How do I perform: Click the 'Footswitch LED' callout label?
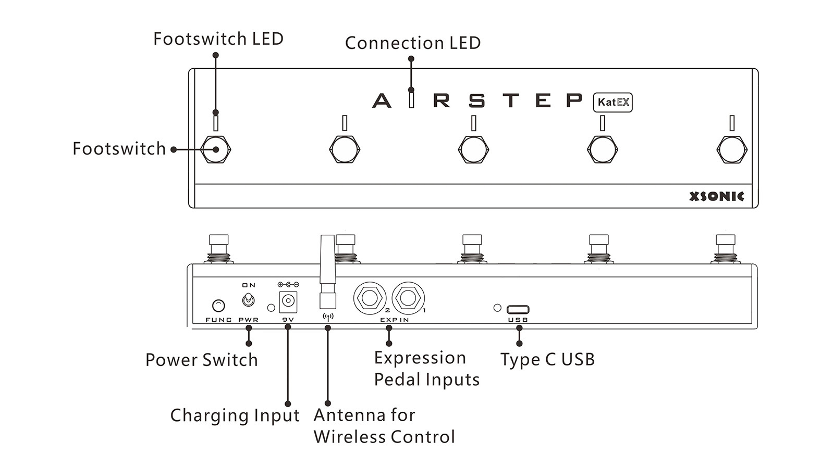218,39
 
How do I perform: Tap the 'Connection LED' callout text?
413,43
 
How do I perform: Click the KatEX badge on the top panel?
613,102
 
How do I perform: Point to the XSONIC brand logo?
717,196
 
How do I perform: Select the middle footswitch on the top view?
473,149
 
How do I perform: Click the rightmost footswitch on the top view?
732,149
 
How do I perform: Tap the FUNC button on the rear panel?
219,305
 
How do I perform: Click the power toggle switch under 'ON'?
249,300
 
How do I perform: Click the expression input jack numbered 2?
370,298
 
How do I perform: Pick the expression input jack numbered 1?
408,298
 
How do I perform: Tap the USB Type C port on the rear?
518,309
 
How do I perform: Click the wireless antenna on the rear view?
327,271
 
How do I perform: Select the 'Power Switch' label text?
202,360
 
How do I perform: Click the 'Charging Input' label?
235,415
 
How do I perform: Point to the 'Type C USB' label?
547,360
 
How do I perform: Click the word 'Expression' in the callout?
420,358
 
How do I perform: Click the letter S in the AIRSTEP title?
476,100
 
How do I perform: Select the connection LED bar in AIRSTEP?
412,99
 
